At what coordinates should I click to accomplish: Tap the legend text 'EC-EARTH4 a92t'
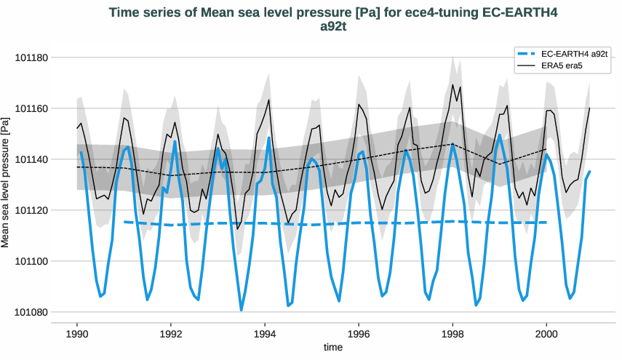pyautogui.click(x=575, y=54)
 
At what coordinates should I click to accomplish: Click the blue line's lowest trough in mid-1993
pyautogui.click(x=242, y=311)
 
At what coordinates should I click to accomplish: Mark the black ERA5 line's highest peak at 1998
pyautogui.click(x=452, y=84)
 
